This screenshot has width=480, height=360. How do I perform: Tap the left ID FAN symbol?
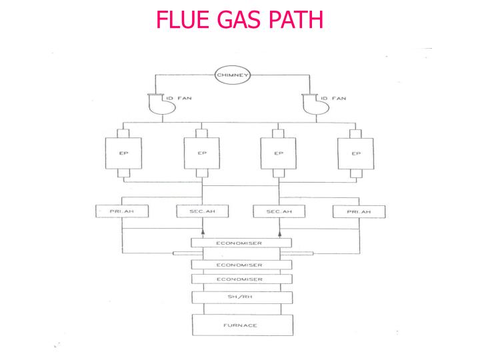tap(149, 104)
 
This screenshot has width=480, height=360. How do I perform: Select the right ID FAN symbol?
tap(303, 104)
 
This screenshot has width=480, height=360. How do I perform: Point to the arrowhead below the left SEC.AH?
tap(203, 232)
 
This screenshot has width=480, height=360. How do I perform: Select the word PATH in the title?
tap(296, 19)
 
